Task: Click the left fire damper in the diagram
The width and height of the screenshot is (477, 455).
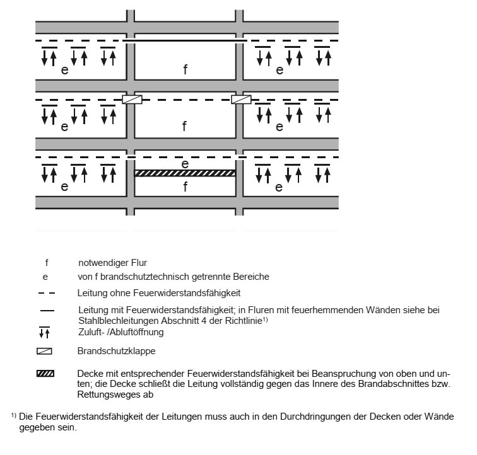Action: (x=132, y=100)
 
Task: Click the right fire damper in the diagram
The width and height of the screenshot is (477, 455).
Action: (x=241, y=100)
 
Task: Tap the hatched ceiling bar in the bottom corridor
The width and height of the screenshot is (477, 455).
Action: (x=185, y=173)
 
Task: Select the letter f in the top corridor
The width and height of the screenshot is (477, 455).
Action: (x=185, y=69)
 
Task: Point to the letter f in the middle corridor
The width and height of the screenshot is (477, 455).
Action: (x=184, y=126)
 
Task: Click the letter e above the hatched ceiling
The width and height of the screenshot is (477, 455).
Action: (x=185, y=164)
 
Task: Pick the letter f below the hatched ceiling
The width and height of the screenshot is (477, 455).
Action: (x=185, y=187)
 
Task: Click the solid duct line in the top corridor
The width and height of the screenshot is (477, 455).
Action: (x=185, y=40)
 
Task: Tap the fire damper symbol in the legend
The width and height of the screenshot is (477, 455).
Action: (x=44, y=352)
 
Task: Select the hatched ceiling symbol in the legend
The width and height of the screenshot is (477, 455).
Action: (x=45, y=374)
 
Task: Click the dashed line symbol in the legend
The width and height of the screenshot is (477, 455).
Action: (x=47, y=293)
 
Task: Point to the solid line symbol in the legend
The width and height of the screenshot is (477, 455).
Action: (x=47, y=311)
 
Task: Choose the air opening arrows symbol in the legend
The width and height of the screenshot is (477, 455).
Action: (x=44, y=333)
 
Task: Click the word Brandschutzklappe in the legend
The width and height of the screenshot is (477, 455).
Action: (x=116, y=351)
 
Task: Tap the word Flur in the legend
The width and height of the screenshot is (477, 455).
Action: (x=139, y=263)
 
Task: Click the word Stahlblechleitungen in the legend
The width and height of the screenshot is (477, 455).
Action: (x=119, y=321)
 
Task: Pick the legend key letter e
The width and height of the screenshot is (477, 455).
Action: (x=45, y=277)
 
